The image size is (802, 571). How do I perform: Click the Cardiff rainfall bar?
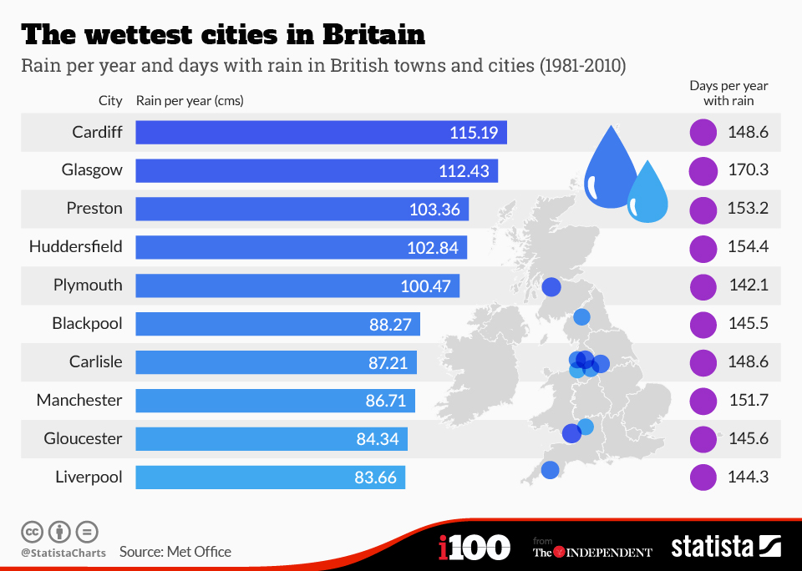pos(321,132)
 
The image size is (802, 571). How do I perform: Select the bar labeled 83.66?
pos(270,478)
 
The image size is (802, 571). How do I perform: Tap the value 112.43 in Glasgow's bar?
pos(464,170)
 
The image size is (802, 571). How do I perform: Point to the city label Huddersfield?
pos(75,246)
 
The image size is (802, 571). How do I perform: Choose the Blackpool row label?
pos(87,323)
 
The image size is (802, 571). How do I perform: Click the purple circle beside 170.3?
pos(703,170)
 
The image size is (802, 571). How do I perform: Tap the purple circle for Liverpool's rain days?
pos(703,478)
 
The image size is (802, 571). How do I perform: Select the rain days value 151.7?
pos(749,401)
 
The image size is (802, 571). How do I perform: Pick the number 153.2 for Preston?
pos(749,209)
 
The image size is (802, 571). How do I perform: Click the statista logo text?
pos(712,547)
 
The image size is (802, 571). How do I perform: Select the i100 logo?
pos(474,548)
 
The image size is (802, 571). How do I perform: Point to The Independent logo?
pos(592,552)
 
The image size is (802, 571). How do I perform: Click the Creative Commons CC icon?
pos(32,531)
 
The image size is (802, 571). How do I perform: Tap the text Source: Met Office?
pos(175,552)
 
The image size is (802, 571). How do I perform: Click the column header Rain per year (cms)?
pos(190,101)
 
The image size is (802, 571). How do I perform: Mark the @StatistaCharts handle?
pos(63,553)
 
